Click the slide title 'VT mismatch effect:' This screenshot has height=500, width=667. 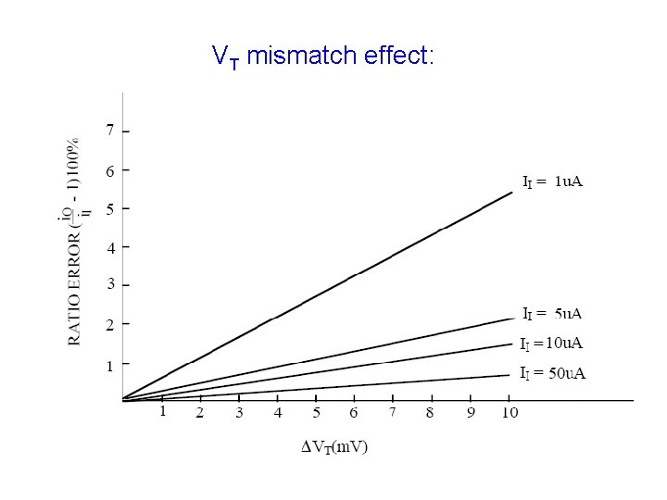pyautogui.click(x=322, y=56)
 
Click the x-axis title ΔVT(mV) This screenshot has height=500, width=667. pyautogui.click(x=335, y=447)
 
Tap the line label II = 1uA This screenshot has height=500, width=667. pyautogui.click(x=552, y=181)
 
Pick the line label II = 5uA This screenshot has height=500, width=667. pyautogui.click(x=553, y=314)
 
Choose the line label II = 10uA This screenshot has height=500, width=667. pyautogui.click(x=551, y=344)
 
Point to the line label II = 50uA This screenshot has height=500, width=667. pyautogui.click(x=552, y=374)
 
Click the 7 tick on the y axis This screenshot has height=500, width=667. pyautogui.click(x=110, y=130)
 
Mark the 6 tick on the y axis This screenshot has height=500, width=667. pyautogui.click(x=110, y=171)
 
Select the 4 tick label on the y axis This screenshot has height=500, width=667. pyautogui.click(x=110, y=248)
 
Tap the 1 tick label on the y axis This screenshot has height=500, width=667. pyautogui.click(x=110, y=367)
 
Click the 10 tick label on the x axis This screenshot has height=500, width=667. pyautogui.click(x=509, y=413)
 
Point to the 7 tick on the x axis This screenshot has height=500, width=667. pyautogui.click(x=393, y=412)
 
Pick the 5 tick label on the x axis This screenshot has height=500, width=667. pyautogui.click(x=316, y=413)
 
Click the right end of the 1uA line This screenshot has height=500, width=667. pyautogui.click(x=512, y=193)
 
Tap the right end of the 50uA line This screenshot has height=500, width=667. pyautogui.click(x=510, y=375)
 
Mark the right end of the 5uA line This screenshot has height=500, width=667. pyautogui.click(x=512, y=319)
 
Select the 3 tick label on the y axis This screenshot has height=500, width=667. pyautogui.click(x=110, y=285)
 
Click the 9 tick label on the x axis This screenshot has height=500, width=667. pyautogui.click(x=471, y=413)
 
